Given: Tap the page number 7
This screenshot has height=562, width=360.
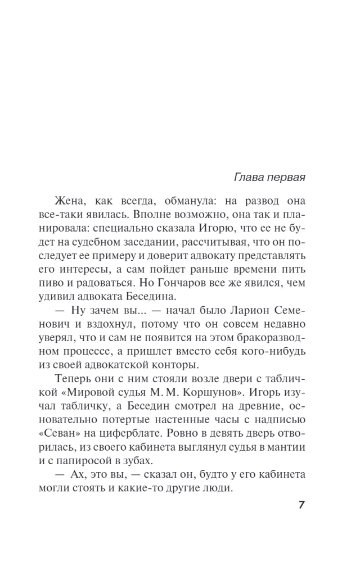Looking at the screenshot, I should coord(301,504).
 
